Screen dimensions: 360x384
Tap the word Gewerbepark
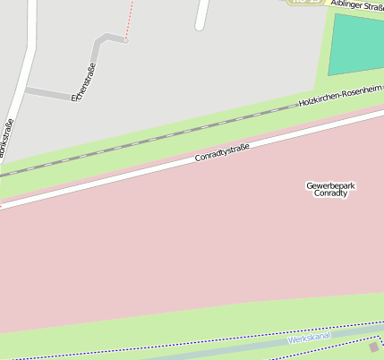pyautogui.click(x=330, y=185)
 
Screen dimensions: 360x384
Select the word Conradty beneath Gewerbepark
pyautogui.click(x=330, y=194)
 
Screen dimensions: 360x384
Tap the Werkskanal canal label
pyautogui.click(x=309, y=338)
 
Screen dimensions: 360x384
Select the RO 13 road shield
pyautogui.click(x=307, y=2)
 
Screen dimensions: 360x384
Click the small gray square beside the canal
pyautogui.click(x=374, y=347)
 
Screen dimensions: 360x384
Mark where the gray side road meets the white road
pyautogui.click(x=29, y=90)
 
